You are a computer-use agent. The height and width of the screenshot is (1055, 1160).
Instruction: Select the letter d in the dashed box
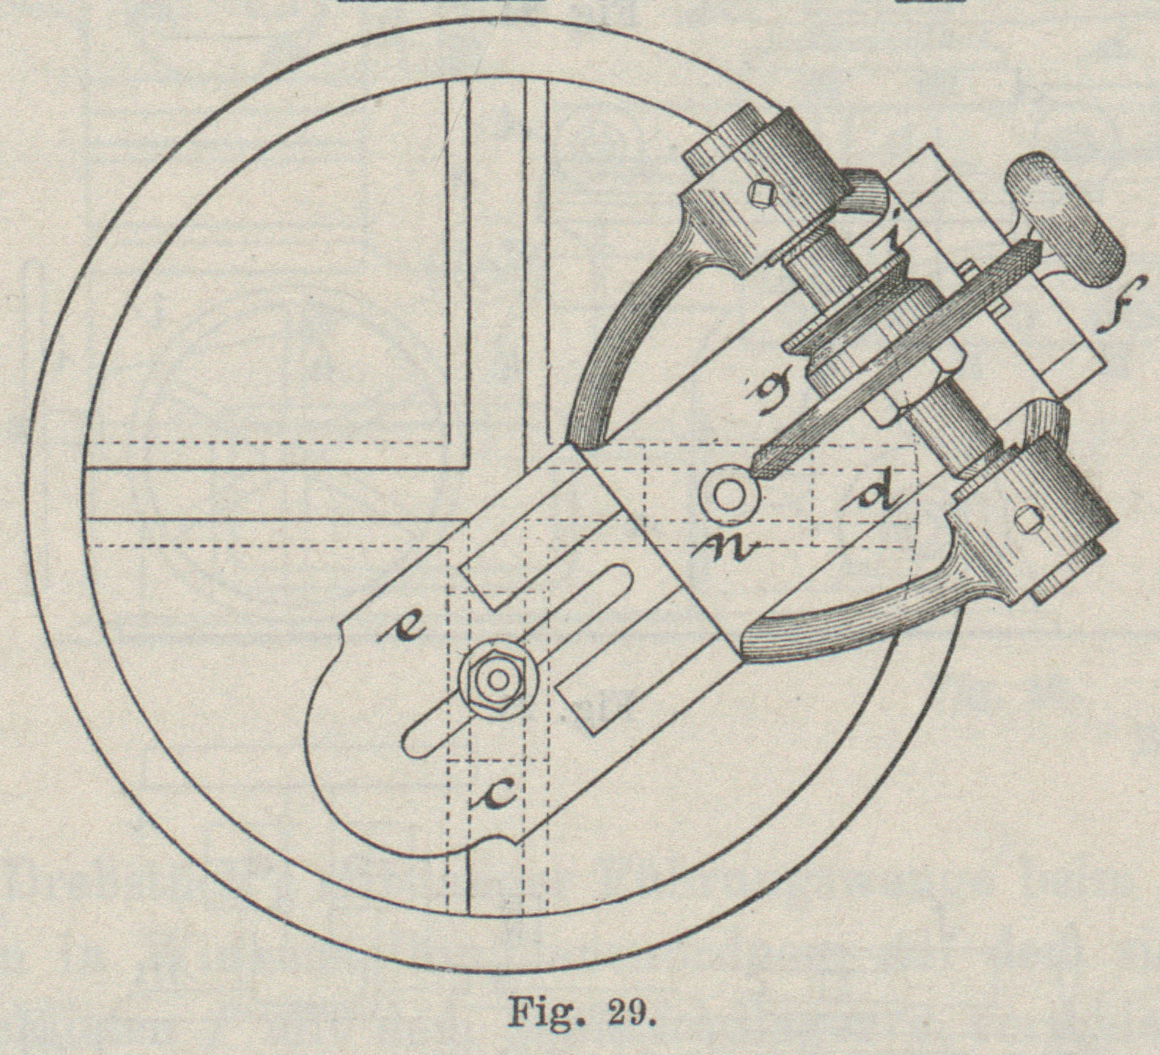point(877,497)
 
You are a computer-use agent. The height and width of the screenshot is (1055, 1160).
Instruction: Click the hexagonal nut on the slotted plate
point(498,680)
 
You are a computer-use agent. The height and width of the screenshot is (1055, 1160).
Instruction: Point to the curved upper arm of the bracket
point(623,337)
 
